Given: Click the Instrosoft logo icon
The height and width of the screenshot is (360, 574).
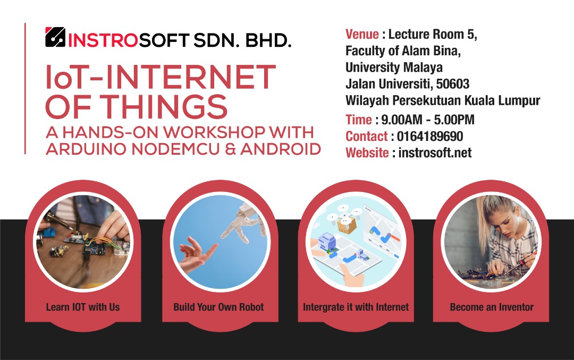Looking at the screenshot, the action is coord(55,37).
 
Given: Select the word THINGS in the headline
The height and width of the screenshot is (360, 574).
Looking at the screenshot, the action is coord(164,106).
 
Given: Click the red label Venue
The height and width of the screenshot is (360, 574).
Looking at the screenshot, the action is coord(362,34).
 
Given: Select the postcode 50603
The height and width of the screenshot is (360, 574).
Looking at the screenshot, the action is coord(453,84).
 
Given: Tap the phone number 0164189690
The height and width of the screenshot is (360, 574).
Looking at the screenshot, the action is coord(430,136).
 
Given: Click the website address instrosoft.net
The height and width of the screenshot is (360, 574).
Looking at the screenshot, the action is coord(435,153).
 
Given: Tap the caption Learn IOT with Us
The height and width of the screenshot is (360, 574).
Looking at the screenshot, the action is coord(83,307).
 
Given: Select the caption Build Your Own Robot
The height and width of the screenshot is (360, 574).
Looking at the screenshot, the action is coord(218,307).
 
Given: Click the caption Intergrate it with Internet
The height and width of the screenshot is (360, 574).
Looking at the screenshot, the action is coord(356,307).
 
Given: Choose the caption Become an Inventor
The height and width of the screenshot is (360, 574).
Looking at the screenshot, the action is coord(492,307).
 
